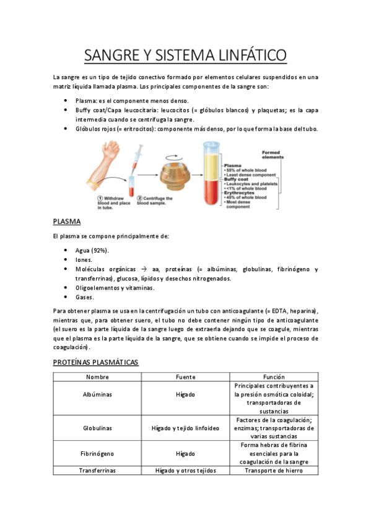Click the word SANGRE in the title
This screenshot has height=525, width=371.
click(x=111, y=55)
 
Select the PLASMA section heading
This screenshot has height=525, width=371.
click(x=68, y=221)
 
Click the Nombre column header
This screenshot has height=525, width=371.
click(x=98, y=376)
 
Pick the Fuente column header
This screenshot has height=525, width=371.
click(x=185, y=376)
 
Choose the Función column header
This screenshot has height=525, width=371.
click(x=274, y=376)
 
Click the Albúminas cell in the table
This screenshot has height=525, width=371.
click(x=98, y=394)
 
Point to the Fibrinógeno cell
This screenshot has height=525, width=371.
click(x=98, y=453)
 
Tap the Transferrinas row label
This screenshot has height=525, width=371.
click(x=98, y=471)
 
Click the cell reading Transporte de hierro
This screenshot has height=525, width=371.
click(x=274, y=471)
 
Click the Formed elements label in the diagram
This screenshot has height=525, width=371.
click(x=273, y=154)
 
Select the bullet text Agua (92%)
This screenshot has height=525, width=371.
click(x=92, y=250)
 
